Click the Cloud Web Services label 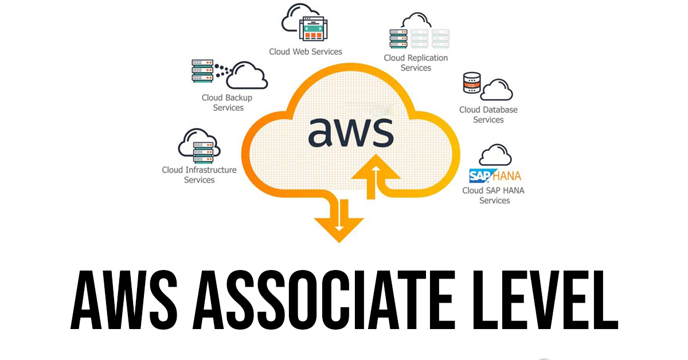pos(306,52)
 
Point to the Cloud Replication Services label pos(416,62)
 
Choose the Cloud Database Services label pos(488,115)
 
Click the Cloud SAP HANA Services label pos(494,195)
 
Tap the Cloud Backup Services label pos(228,103)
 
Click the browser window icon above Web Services pos(312,28)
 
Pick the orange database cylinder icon pos(471,84)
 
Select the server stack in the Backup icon pos(202,71)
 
